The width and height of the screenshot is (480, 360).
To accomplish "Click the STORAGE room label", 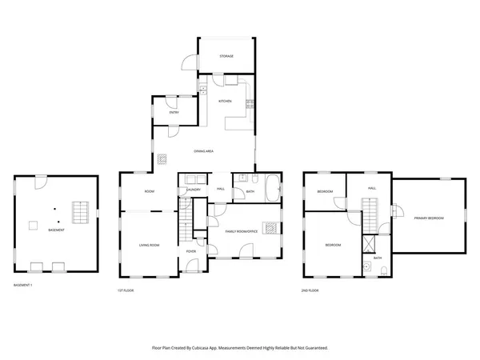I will [x=226, y=56].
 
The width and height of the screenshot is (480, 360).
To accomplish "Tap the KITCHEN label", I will [x=226, y=102].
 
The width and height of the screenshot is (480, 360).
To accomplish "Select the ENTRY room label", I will [x=174, y=113].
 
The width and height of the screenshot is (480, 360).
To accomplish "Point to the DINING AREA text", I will [x=203, y=151].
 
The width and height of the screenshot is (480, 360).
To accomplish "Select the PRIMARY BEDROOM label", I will [x=429, y=218].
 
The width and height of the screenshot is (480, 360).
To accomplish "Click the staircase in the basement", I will [x=79, y=213].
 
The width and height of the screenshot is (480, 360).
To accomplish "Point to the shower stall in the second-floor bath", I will [x=370, y=245].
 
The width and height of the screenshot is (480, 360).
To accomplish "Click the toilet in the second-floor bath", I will [x=365, y=267].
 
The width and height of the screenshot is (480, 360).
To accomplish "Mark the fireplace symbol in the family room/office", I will [x=272, y=226].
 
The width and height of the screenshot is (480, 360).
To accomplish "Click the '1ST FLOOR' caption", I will [x=126, y=290].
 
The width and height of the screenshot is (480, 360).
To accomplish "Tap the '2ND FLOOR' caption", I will [x=310, y=290].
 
